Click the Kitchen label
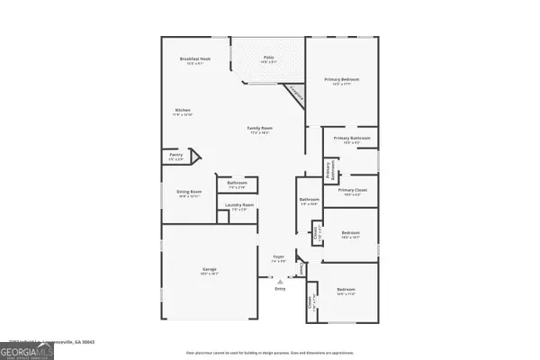(x=183, y=110)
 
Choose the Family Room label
(x=260, y=129)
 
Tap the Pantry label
(x=176, y=155)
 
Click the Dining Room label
(x=189, y=191)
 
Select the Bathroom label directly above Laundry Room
(x=238, y=183)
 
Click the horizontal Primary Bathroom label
(x=351, y=138)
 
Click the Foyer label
(x=279, y=256)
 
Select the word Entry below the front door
(x=279, y=290)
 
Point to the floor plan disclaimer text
(x=270, y=353)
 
